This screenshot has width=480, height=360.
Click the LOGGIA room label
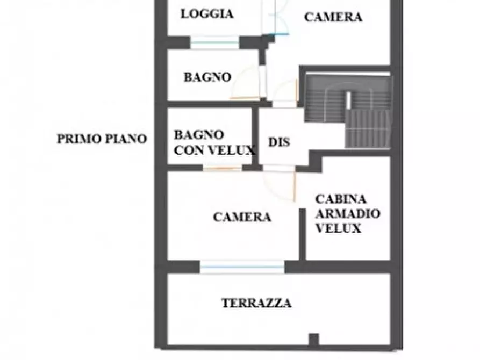pyautogui.click(x=207, y=14)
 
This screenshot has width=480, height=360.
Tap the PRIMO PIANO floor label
pyautogui.click(x=102, y=139)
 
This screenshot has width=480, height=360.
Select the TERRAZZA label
pyautogui.click(x=256, y=303)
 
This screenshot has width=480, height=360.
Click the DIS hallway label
pyautogui.click(x=279, y=142)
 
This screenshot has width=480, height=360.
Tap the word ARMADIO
pyautogui.click(x=348, y=213)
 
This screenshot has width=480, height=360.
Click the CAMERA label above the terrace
pyautogui.click(x=242, y=217)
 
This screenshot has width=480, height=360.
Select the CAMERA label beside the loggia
pyautogui.click(x=333, y=17)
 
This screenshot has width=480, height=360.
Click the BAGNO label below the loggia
pyautogui.click(x=207, y=77)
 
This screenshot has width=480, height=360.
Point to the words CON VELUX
pyautogui.click(x=214, y=150)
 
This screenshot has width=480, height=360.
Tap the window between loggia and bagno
pyautogui.click(x=214, y=42)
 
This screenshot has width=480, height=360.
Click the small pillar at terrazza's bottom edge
pyautogui.click(x=313, y=339)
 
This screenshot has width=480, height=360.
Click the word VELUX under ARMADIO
pyautogui.click(x=338, y=228)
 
